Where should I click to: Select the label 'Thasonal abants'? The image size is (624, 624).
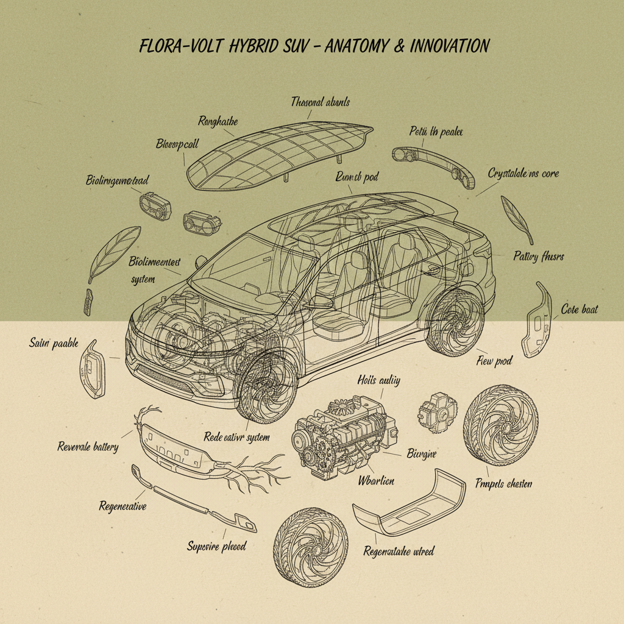pyautogui.click(x=320, y=102)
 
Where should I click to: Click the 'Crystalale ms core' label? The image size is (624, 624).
pyautogui.click(x=523, y=173)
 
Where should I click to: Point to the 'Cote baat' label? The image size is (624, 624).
pyautogui.click(x=579, y=310)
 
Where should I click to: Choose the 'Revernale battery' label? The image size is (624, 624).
pyautogui.click(x=88, y=447)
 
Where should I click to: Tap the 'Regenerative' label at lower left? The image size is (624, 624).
pyautogui.click(x=122, y=506)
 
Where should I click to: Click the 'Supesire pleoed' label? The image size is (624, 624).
pyautogui.click(x=216, y=546)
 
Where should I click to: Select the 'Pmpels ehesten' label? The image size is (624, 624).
pyautogui.click(x=503, y=483)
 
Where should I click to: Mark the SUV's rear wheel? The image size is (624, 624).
pyautogui.click(x=453, y=323)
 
